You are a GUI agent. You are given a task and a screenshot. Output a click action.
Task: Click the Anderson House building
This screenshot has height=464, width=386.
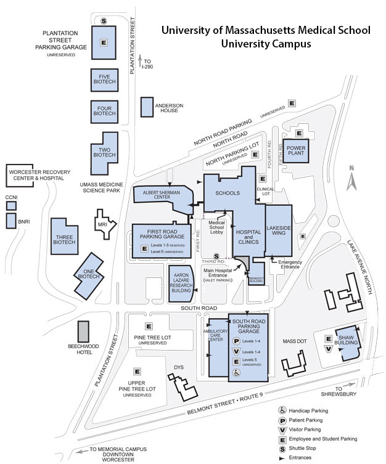pyautogui.click(x=147, y=107)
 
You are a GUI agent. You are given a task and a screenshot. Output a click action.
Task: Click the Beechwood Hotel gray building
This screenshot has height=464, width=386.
pyautogui.click(x=83, y=331)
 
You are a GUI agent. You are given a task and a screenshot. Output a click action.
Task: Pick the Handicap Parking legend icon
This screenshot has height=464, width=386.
pyautogui.click(x=282, y=410)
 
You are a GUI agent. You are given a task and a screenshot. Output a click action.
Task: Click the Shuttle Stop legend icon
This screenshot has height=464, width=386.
pyautogui.click(x=282, y=448)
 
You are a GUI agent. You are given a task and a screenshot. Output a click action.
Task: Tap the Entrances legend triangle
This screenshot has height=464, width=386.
pyautogui.click(x=282, y=457)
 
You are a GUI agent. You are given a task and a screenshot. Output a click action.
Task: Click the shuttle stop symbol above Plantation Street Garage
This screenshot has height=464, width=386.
pyautogui.click(x=104, y=21)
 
